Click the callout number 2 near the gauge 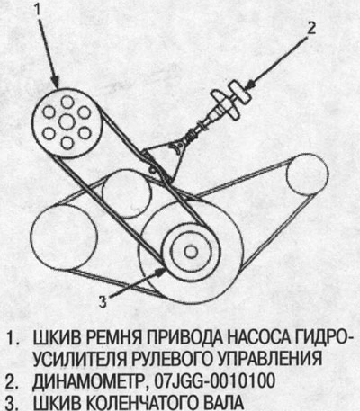tap(310, 28)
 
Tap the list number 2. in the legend tap(14, 380)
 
